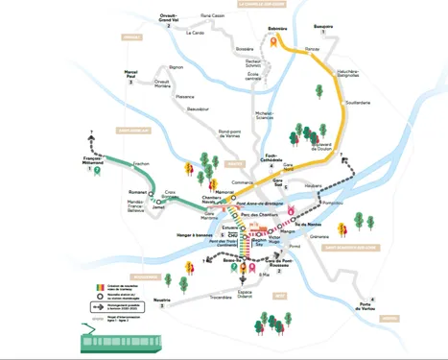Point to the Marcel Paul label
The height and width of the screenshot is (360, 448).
coord(131,72)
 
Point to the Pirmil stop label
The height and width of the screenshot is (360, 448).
coord(295,245)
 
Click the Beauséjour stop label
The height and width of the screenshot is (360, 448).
coord(198,109)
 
